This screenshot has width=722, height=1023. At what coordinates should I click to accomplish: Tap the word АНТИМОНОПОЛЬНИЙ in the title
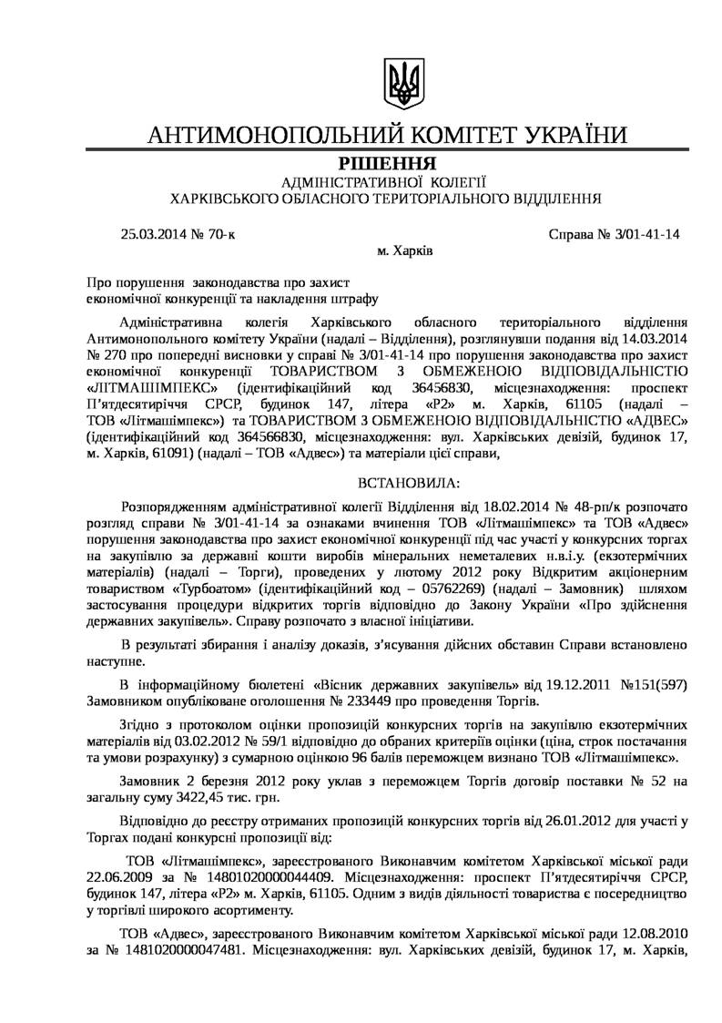[x=274, y=136]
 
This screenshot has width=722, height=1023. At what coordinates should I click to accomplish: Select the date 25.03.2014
[x=150, y=233]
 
